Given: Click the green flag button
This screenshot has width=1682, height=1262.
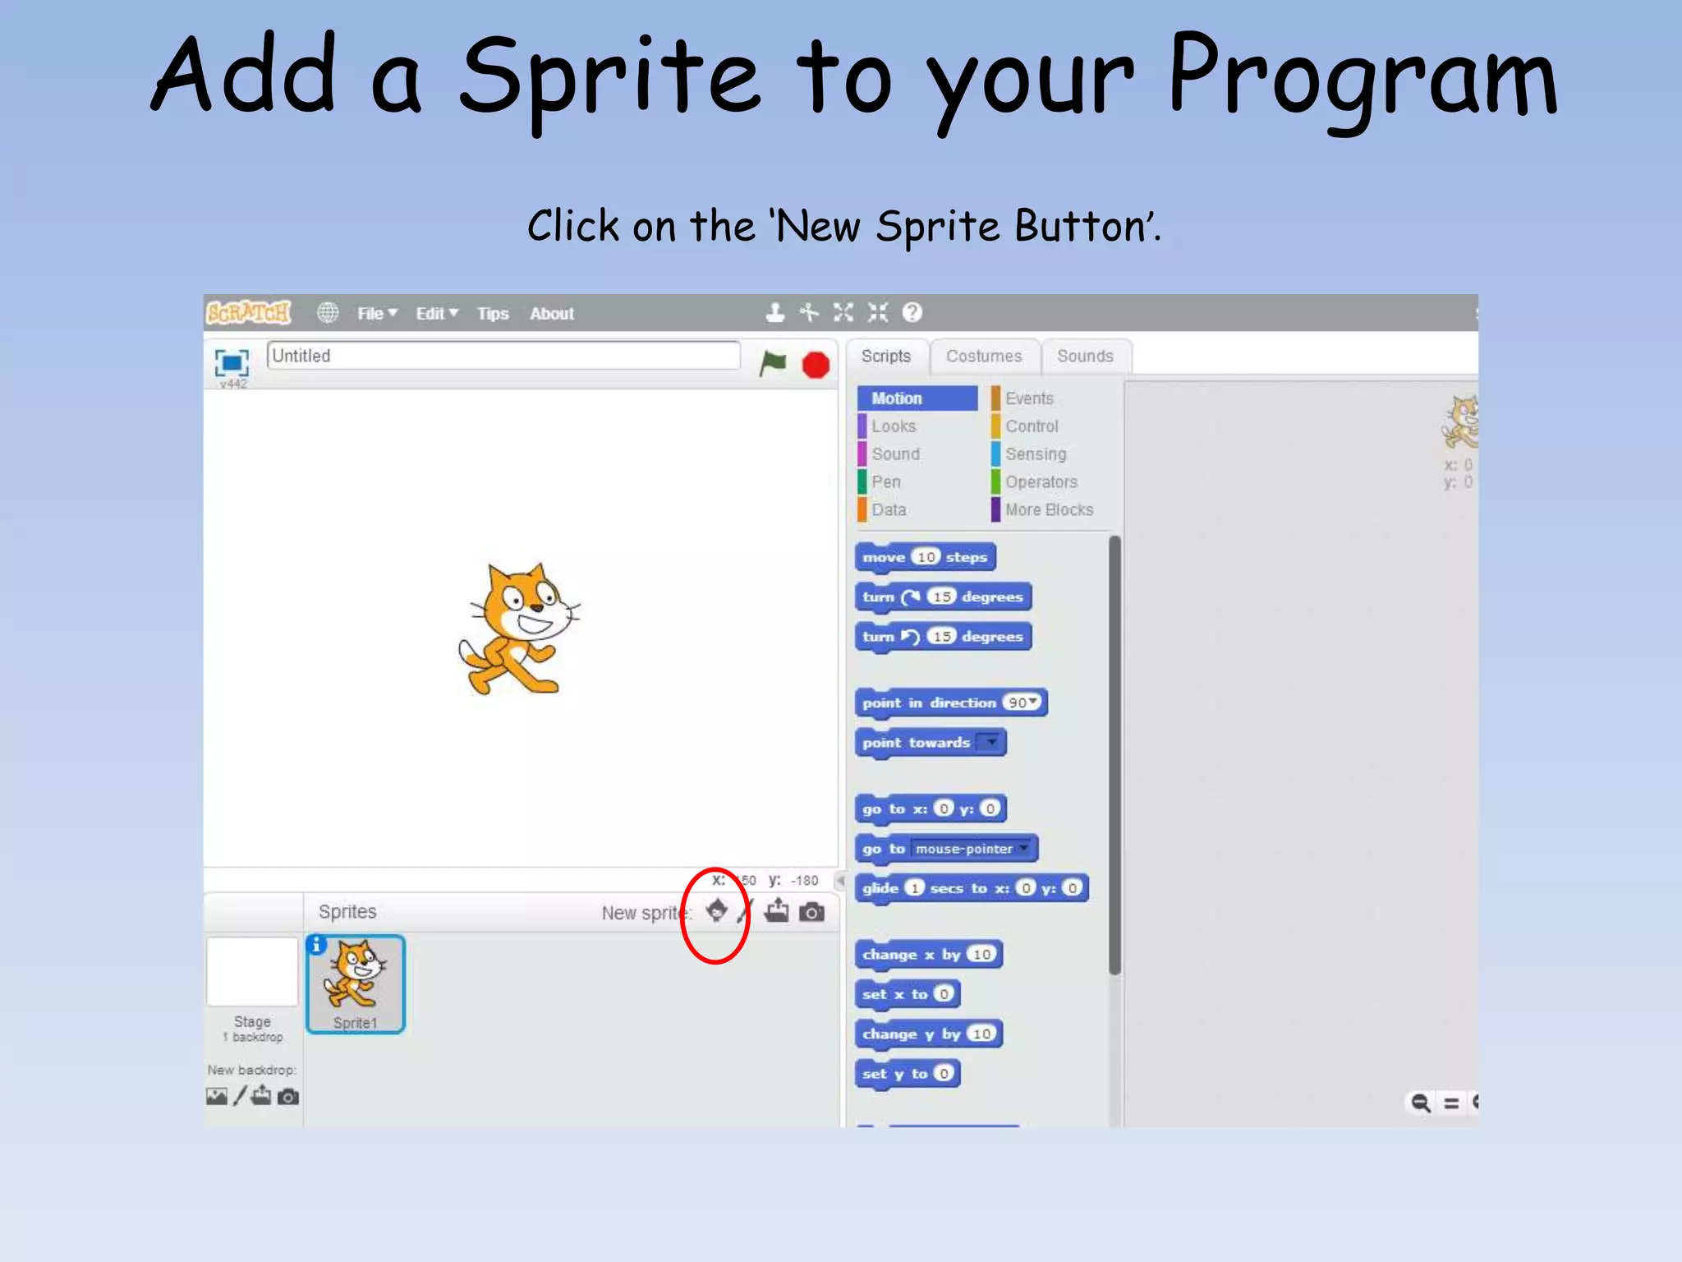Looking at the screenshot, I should [772, 363].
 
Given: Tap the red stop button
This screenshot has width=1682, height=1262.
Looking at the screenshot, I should [816, 365].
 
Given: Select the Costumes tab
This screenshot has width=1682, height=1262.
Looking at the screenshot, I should [984, 357].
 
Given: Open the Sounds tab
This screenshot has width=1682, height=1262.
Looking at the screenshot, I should [1085, 357].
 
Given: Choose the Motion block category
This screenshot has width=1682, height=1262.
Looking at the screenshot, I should [917, 398].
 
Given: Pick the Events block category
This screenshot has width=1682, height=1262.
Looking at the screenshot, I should [1029, 398].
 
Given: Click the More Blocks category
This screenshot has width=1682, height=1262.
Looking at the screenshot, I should [1049, 510].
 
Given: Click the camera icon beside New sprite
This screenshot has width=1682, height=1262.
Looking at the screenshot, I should [811, 912].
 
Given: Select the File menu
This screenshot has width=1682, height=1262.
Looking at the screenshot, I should [376, 314].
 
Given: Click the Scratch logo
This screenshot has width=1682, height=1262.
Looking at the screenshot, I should [248, 313].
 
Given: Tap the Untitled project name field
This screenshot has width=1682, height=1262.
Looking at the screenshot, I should [503, 356].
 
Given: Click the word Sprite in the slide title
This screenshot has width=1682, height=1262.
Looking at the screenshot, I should [609, 78].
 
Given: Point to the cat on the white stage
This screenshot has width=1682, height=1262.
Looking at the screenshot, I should [517, 629].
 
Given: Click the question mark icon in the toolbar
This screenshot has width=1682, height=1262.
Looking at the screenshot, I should [912, 313].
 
